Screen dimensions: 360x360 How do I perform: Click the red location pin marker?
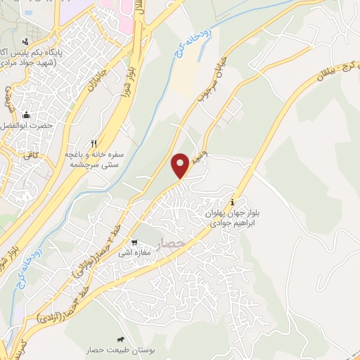click(181, 165)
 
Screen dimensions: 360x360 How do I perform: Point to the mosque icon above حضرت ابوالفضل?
click(27, 115)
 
